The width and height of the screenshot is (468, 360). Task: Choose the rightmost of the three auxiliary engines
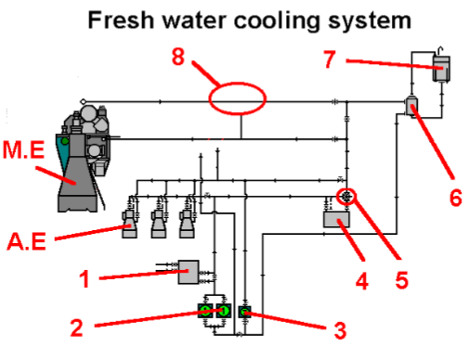click(x=189, y=221)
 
